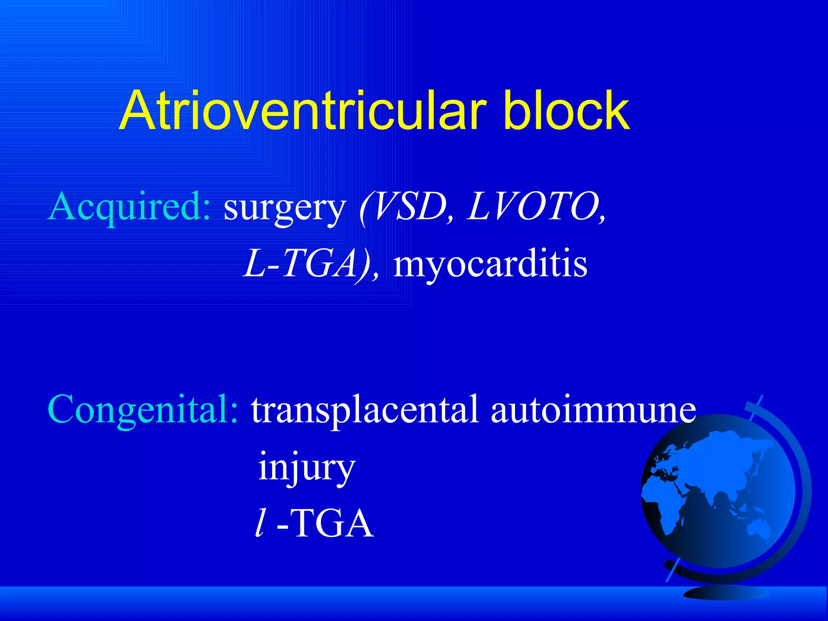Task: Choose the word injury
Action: click(306, 468)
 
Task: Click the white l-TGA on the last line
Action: click(315, 524)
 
